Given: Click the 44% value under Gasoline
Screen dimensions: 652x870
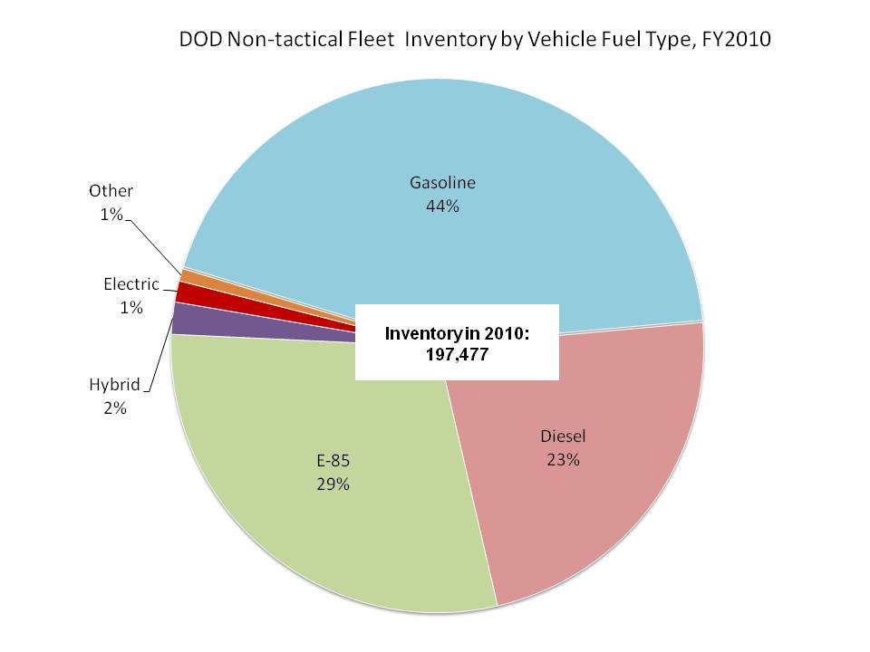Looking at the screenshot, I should coord(442,206).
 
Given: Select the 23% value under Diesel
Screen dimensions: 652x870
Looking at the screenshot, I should coord(563,459).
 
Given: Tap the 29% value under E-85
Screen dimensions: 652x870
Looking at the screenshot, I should coord(333,484).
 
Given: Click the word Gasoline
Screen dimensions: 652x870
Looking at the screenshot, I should coord(442,183).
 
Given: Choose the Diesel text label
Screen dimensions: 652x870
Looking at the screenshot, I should coord(563,436).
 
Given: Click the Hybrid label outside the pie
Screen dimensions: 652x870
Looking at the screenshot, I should coord(114,385).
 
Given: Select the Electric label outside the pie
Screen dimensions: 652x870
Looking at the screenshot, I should coord(131,284).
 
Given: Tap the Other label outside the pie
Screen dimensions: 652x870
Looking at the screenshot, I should coord(111,190).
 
